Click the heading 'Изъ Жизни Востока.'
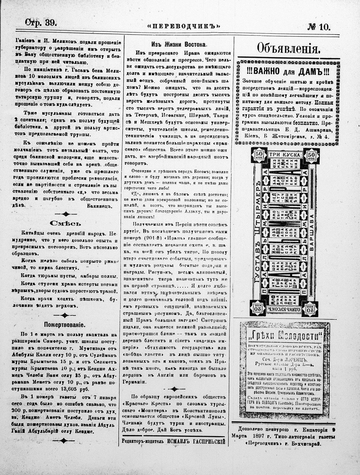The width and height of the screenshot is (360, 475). [179, 45]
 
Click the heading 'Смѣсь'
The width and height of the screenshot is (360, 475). [65, 223]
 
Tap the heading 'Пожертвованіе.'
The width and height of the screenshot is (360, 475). [65, 324]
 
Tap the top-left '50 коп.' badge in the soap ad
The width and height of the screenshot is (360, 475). [259, 155]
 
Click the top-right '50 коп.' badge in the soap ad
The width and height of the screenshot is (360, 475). [311, 155]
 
